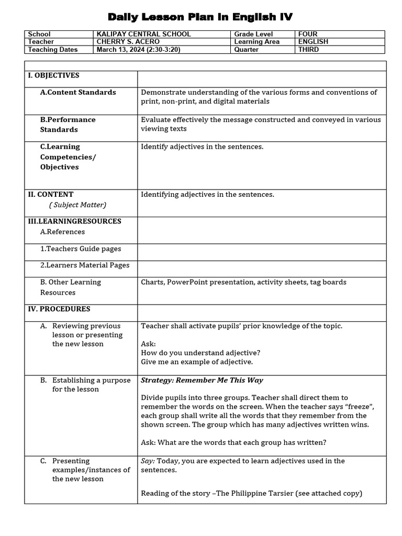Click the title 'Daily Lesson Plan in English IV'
point(200,17)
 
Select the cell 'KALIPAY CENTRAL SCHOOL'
point(143,34)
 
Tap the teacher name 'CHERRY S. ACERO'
point(128,42)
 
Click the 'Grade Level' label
point(253,34)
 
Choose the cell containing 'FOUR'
point(308,34)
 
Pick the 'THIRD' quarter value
point(308,50)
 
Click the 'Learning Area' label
point(256,42)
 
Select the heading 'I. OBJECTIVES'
point(53,75)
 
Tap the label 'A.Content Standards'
point(78,92)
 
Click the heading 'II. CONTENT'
point(51,194)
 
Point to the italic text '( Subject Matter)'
point(78,205)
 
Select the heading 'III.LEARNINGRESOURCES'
point(74,221)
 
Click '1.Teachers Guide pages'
point(81,249)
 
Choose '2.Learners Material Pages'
point(85,265)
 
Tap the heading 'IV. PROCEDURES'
point(59,309)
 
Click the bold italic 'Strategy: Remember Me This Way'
point(202,380)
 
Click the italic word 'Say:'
point(148,461)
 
